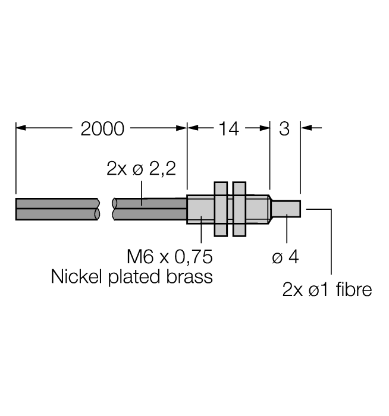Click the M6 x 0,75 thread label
[x=170, y=257]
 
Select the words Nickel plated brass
[x=132, y=277]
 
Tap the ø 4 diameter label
[x=285, y=257]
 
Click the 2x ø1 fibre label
[x=327, y=290]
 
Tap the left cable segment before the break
[x=57, y=209]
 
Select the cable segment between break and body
[x=149, y=209]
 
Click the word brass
[x=190, y=277]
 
